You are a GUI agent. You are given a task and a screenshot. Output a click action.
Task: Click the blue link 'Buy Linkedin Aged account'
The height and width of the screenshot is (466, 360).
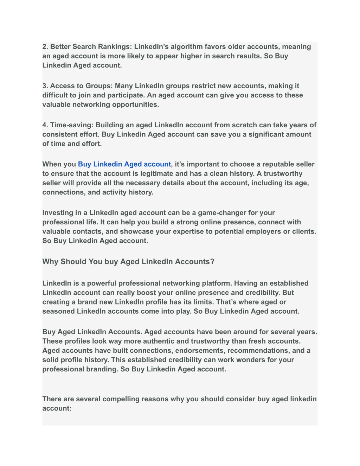point(124,164)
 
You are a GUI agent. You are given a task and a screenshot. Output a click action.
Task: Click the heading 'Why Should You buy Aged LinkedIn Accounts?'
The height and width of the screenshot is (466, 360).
point(128,262)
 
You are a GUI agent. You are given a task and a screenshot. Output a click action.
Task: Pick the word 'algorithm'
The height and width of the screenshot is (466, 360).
point(187,47)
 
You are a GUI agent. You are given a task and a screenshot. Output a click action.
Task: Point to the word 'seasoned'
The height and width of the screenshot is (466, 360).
point(58,311)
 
